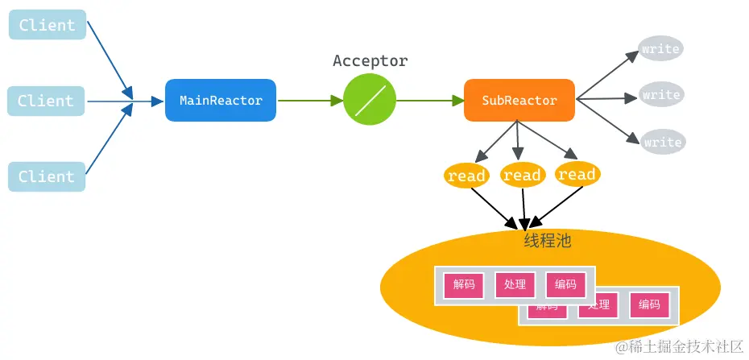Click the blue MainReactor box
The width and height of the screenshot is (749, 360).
click(221, 101)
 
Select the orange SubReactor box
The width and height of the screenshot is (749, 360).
click(519, 101)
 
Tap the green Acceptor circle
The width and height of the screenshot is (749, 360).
click(370, 100)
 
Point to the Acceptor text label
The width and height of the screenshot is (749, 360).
click(370, 61)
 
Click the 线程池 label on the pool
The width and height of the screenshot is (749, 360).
click(548, 240)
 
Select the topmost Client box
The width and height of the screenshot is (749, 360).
click(47, 25)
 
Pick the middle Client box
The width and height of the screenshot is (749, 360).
click(46, 101)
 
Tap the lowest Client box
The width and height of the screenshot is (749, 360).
click(47, 176)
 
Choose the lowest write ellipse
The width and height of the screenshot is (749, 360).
click(662, 142)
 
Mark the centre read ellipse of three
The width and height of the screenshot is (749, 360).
click(522, 175)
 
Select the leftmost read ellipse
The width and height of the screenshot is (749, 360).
click(466, 176)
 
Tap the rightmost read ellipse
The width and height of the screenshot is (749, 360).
click(577, 174)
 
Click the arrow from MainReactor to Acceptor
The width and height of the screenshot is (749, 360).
click(309, 101)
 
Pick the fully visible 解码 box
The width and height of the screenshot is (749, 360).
click(464, 284)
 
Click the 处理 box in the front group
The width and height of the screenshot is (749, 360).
click(515, 284)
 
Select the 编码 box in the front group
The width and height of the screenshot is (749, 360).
click(565, 284)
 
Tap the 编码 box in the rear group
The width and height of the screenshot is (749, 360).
click(649, 304)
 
